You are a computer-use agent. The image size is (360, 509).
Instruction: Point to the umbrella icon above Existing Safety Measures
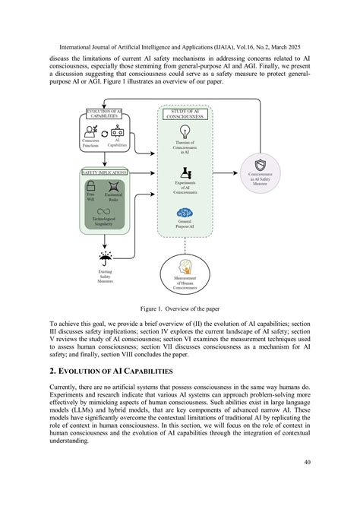pyautogui.click(x=104, y=259)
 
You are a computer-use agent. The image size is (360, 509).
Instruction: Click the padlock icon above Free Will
pyautogui.click(x=90, y=188)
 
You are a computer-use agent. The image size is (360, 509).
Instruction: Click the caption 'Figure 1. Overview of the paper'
pyautogui.click(x=180, y=310)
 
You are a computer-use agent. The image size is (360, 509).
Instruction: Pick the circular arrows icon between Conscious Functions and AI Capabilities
pyautogui.click(x=105, y=134)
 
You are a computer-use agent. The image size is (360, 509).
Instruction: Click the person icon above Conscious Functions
pyautogui.click(x=90, y=131)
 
